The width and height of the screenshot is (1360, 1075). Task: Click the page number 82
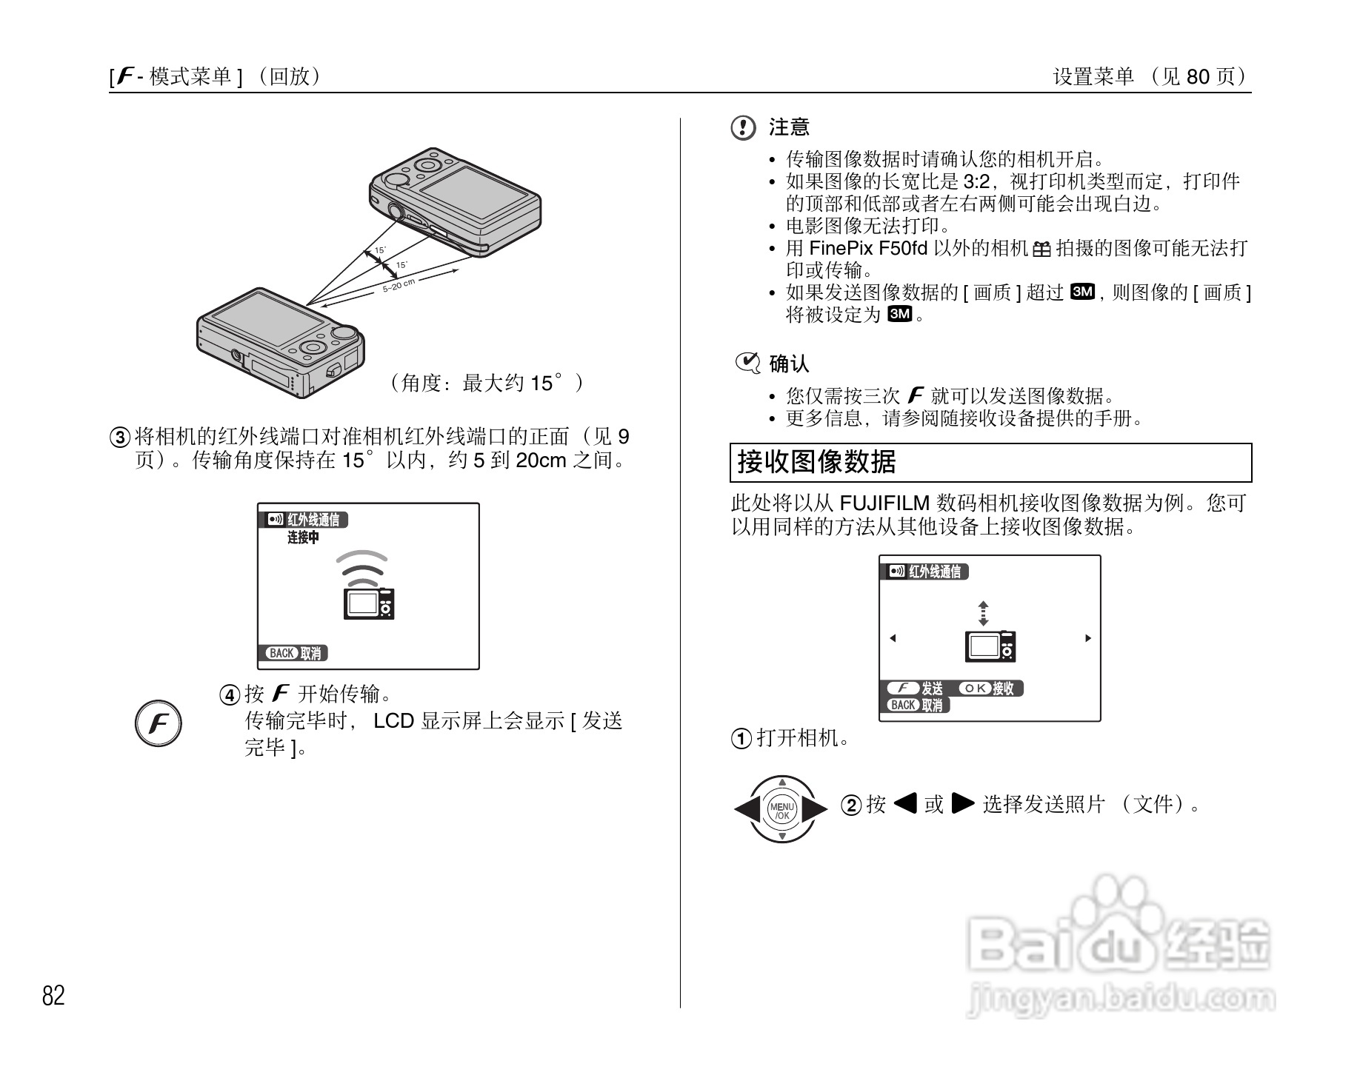point(53,996)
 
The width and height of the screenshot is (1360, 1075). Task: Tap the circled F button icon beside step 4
point(159,723)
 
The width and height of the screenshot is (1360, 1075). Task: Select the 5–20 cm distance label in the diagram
point(399,285)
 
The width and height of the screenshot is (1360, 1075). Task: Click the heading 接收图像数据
point(817,462)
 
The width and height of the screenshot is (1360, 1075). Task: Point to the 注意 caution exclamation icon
point(743,128)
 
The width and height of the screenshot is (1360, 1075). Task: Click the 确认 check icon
point(747,363)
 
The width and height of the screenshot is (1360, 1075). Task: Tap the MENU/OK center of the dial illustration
point(781,810)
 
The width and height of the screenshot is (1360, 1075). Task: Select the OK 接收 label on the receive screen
point(987,688)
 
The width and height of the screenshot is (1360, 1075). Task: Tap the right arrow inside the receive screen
point(1087,638)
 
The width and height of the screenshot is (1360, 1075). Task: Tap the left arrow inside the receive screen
point(893,638)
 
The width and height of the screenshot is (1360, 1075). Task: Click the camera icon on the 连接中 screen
point(369,603)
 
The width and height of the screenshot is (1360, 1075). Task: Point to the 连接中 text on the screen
point(303,537)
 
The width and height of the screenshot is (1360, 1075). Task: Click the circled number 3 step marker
point(120,437)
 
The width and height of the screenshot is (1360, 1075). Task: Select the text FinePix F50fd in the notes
point(867,248)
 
